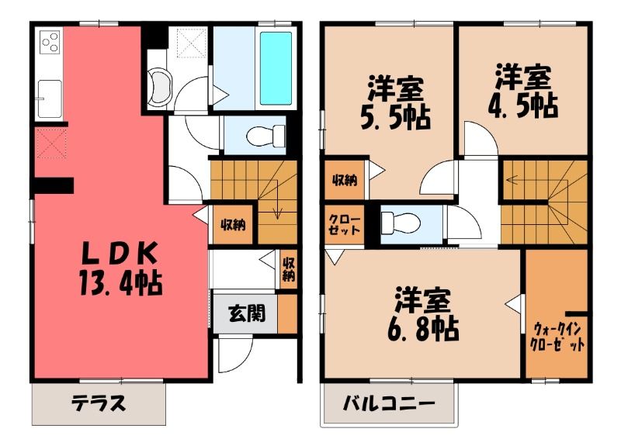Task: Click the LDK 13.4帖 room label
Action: (x=120, y=268)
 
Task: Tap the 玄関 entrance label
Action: (x=246, y=313)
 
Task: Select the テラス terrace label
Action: (x=99, y=403)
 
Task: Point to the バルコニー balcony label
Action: (x=389, y=403)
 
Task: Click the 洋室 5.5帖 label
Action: (x=395, y=103)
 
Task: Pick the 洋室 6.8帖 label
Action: (x=423, y=315)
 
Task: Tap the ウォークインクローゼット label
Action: (x=557, y=336)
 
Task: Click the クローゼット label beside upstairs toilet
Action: (x=344, y=225)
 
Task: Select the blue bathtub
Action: (x=276, y=68)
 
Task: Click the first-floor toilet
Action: (x=265, y=137)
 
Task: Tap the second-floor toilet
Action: (x=399, y=223)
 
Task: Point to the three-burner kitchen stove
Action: (x=50, y=43)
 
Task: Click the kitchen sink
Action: (x=50, y=99)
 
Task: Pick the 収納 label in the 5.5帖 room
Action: (x=344, y=180)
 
